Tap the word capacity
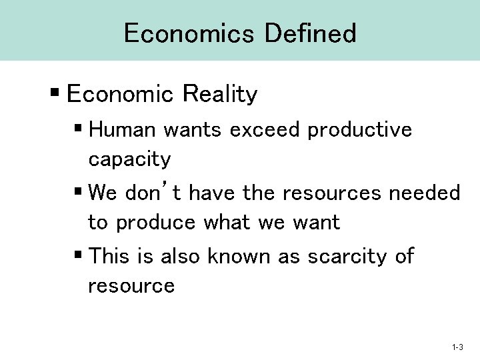pyautogui.click(x=129, y=160)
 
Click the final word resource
pyautogui.click(x=131, y=287)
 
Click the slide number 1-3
pyautogui.click(x=457, y=347)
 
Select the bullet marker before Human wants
pyautogui.click(x=78, y=130)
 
